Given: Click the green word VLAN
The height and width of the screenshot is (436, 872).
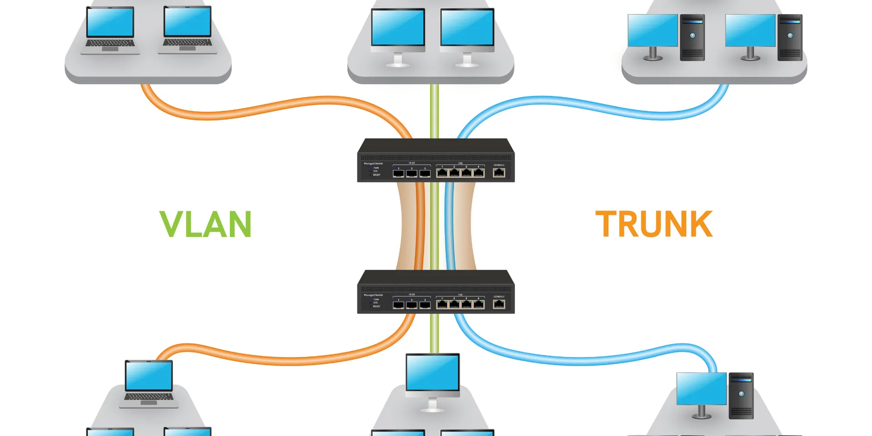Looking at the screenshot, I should (x=205, y=224).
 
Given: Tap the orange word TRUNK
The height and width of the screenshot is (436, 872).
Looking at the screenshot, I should (x=654, y=224).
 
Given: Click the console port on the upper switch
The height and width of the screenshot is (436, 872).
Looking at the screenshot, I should (x=499, y=173).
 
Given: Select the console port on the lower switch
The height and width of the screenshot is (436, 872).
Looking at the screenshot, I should (x=499, y=304).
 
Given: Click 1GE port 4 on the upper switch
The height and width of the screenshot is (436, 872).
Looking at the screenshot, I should (x=479, y=173).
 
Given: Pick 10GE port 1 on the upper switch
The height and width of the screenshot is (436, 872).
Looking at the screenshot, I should (x=398, y=173).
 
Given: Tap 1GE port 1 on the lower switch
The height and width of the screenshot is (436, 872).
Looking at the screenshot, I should (x=442, y=304).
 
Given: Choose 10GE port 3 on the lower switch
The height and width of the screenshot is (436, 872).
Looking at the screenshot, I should (x=425, y=305).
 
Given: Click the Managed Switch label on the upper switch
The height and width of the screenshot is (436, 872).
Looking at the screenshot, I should (x=373, y=163).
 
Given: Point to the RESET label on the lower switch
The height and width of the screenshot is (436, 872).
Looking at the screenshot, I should (x=377, y=307).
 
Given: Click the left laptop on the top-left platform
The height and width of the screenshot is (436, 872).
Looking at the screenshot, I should (x=110, y=30).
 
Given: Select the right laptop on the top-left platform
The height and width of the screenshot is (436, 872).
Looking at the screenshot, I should (x=187, y=30).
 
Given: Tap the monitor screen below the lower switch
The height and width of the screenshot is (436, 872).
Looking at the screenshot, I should (x=432, y=373).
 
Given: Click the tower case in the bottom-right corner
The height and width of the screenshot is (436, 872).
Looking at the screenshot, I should (x=741, y=396).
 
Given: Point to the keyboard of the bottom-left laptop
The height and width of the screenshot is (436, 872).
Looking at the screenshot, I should (x=149, y=397).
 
